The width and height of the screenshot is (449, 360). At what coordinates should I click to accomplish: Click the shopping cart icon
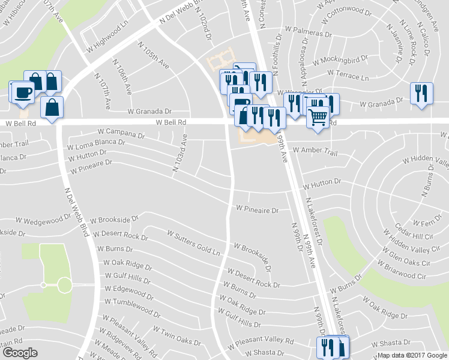pos(318,116)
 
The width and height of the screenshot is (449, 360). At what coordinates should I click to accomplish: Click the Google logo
pos(20,353)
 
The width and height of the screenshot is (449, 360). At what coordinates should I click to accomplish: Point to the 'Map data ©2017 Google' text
pos(411,355)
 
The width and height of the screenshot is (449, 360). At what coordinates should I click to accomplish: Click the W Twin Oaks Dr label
pos(176,335)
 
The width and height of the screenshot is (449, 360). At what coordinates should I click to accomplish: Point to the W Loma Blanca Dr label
pos(96,145)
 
